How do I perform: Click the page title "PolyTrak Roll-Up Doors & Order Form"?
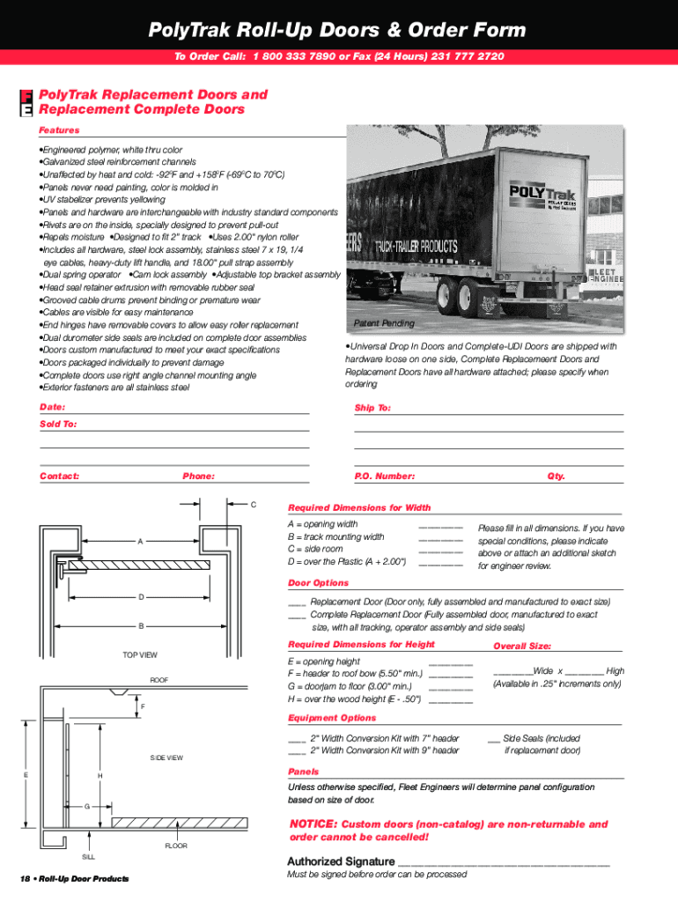338,31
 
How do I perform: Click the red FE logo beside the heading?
26,102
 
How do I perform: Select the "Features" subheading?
58,130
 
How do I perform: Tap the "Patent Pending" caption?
384,324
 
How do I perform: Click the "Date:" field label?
52,407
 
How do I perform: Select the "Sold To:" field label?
58,424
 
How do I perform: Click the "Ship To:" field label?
372,408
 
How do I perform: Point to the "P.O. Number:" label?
385,477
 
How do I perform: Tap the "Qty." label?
556,477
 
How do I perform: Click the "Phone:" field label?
198,477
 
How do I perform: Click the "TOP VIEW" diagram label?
139,654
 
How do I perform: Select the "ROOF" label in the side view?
158,680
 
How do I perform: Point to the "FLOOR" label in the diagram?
176,846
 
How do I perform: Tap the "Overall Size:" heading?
522,646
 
